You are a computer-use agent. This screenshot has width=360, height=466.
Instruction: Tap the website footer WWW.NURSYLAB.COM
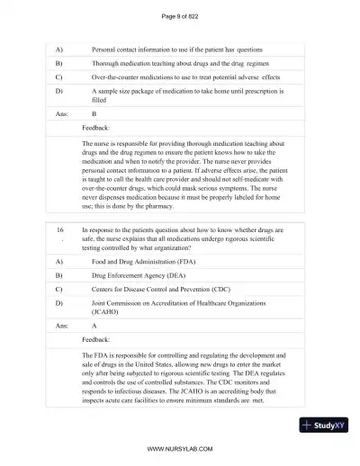click(x=179, y=447)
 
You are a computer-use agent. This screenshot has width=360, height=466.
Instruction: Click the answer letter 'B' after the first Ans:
click(x=94, y=114)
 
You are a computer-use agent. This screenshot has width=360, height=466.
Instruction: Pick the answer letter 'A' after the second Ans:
click(x=94, y=327)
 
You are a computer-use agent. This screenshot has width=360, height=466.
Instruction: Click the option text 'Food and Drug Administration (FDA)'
click(x=149, y=260)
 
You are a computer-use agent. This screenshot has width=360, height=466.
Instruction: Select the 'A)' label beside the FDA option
click(x=59, y=260)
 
